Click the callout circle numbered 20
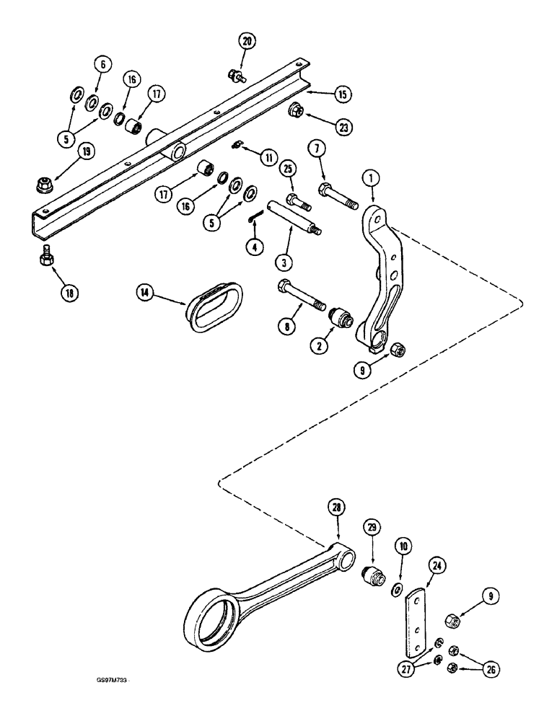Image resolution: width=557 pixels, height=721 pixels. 248,42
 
